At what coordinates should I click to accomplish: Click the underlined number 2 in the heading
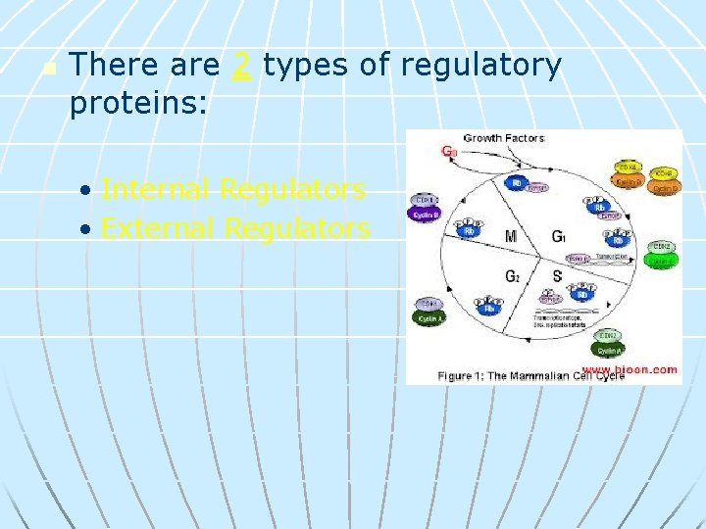click(x=241, y=66)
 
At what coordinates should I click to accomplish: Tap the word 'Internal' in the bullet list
click(x=156, y=189)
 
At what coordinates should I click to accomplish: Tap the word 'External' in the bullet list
click(x=158, y=228)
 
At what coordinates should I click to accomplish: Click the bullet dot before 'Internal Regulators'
click(x=87, y=191)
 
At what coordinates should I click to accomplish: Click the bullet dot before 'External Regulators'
click(x=87, y=230)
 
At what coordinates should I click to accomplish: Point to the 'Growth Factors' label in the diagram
click(x=503, y=138)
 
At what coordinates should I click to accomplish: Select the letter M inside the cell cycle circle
click(x=511, y=236)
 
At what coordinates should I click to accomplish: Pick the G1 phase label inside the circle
click(x=558, y=236)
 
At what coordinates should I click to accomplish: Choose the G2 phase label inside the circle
click(x=512, y=276)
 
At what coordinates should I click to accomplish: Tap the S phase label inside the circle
click(x=557, y=276)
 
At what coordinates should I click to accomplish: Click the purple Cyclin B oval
click(x=425, y=213)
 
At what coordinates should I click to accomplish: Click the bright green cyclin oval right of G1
click(x=662, y=261)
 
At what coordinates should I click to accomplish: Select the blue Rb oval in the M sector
click(x=472, y=231)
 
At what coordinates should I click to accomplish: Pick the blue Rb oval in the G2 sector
click(x=489, y=309)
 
